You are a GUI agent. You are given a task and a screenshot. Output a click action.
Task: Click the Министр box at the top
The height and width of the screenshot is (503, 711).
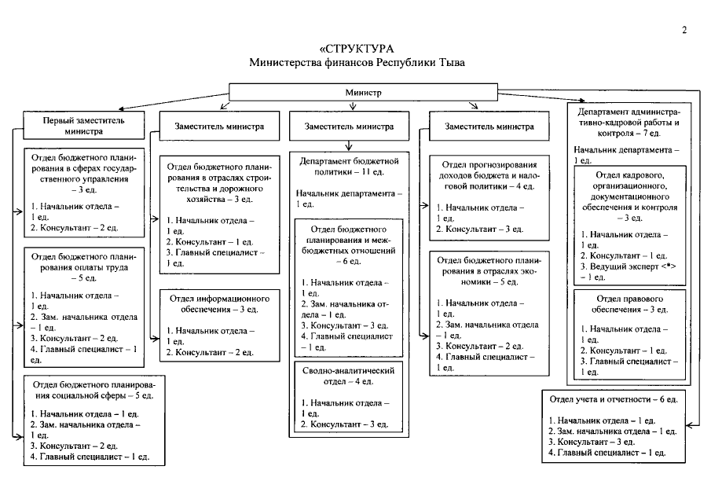coord(363,92)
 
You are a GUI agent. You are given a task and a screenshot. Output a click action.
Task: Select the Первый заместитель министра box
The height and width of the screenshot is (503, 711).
coord(84,126)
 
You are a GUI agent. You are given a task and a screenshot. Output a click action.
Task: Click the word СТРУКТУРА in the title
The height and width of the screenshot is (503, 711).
coord(359,49)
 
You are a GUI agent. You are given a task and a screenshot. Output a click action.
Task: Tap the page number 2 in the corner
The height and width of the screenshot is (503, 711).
coord(684,30)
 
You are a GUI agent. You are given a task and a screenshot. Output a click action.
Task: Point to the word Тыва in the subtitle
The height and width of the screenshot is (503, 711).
coord(451,63)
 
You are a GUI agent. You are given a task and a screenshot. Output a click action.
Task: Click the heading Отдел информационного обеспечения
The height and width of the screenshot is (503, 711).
coord(219,304)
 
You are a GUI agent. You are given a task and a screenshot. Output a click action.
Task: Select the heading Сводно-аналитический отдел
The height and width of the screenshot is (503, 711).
coord(348,376)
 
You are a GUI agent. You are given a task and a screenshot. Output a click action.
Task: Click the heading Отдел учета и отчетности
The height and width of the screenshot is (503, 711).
coord(614,399)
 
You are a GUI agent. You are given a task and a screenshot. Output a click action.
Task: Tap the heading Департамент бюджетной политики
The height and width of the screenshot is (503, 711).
coord(349,167)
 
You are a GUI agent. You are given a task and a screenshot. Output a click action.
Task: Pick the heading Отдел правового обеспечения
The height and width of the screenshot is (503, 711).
coord(629,304)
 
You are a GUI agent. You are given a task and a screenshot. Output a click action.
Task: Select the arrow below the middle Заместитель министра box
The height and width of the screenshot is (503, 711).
coord(349,145)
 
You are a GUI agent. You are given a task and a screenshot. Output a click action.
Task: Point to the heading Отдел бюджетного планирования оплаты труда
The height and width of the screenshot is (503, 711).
coord(83,267)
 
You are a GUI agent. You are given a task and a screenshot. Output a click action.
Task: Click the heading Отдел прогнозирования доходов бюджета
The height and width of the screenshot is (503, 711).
coord(489,175)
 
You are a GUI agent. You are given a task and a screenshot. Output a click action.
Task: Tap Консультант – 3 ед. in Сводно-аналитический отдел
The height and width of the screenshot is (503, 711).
coord(344,424)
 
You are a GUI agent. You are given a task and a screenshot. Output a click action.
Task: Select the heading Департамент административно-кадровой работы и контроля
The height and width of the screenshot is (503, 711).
coord(629,123)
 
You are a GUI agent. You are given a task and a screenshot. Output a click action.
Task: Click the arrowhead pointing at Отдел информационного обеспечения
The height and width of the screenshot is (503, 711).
coord(156,339)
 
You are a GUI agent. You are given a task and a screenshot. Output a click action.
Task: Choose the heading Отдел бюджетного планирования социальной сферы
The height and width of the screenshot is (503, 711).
coord(93,390)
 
